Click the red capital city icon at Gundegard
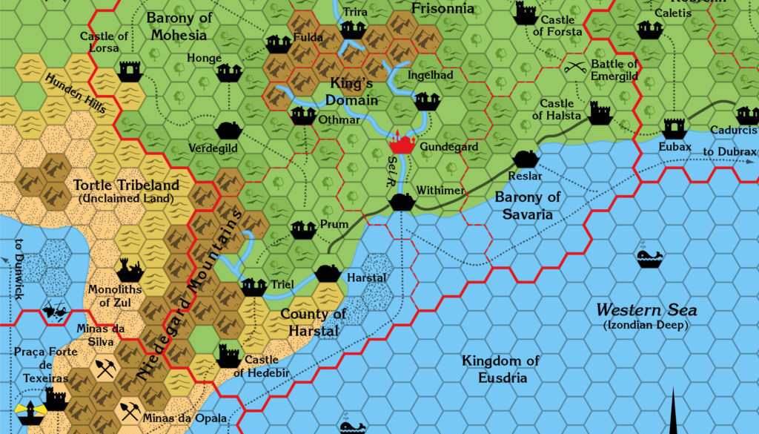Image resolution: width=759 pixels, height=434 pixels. pos(401,142)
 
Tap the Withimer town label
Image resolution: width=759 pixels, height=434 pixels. pos(440,191)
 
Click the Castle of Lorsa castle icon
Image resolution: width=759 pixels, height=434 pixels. pos(130,70)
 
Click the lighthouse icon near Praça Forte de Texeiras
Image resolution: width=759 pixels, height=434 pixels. pos(27,407)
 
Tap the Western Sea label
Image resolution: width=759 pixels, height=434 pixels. pos(648,310)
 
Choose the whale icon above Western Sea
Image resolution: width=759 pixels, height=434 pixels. pos(649,257)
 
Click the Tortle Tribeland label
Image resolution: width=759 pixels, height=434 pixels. pos(126,185)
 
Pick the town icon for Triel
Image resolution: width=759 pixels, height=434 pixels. pos(253,286)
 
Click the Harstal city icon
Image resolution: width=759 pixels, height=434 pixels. pos(328,272)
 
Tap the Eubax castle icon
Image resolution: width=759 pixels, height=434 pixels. pos(675,128)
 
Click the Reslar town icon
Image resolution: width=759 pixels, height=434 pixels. pos(526,159)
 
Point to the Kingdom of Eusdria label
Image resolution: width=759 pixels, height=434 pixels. pos(500,369)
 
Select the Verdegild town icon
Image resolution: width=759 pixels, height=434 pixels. pos(229,130)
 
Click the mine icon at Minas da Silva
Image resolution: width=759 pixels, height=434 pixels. pos(105,369)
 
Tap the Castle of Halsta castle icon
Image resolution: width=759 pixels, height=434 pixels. pos(600,113)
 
